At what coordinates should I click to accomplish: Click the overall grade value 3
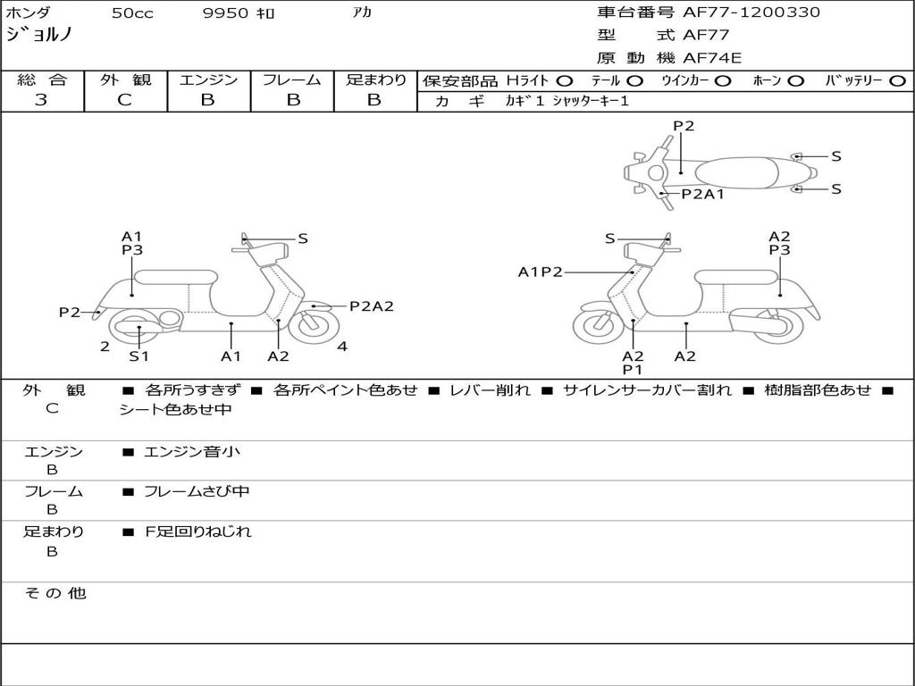(41, 100)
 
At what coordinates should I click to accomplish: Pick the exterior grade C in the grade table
(125, 100)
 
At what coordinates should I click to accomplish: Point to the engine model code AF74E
(711, 59)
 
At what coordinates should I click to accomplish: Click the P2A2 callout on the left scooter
(371, 306)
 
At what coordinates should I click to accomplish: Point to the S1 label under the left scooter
(139, 356)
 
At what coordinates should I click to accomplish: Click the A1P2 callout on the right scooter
(541, 272)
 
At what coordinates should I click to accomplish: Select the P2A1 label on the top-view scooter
(702, 194)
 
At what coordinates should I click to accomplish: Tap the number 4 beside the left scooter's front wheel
(342, 347)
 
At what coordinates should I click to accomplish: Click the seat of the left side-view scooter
(175, 276)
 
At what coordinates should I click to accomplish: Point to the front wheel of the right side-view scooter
(598, 327)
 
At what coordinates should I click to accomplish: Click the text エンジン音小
(192, 452)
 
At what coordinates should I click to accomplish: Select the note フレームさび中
(197, 491)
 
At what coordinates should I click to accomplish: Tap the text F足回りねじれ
(198, 531)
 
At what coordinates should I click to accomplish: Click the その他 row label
(55, 593)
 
